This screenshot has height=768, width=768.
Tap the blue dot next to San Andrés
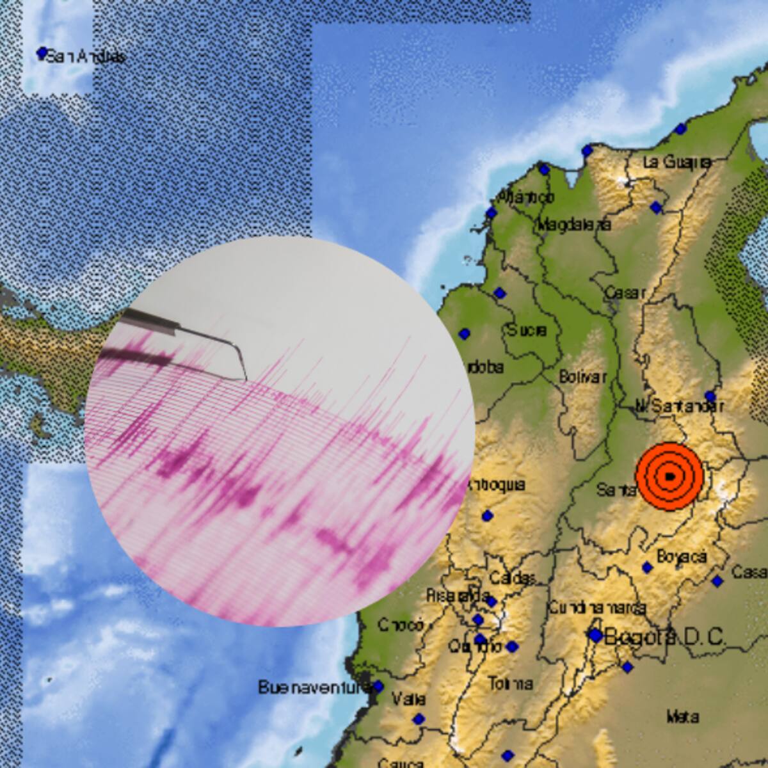(42, 52)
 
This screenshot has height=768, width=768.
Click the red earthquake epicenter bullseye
(669, 476)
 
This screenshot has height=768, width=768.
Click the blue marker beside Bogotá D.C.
(596, 636)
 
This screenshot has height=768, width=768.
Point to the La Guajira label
(677, 163)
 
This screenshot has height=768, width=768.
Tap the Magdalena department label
(573, 225)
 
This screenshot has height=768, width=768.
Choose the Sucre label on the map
(527, 330)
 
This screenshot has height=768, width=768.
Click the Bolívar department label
(582, 377)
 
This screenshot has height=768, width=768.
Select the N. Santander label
(680, 406)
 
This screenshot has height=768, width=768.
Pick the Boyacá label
(682, 557)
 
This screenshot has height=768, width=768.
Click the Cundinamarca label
(596, 607)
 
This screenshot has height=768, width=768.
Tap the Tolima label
(510, 684)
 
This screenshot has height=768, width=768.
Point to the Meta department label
(682, 717)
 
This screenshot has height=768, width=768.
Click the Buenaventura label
(314, 687)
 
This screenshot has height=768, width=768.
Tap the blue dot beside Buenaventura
(378, 687)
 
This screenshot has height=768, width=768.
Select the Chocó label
(401, 625)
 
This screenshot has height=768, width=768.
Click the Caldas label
(512, 579)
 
